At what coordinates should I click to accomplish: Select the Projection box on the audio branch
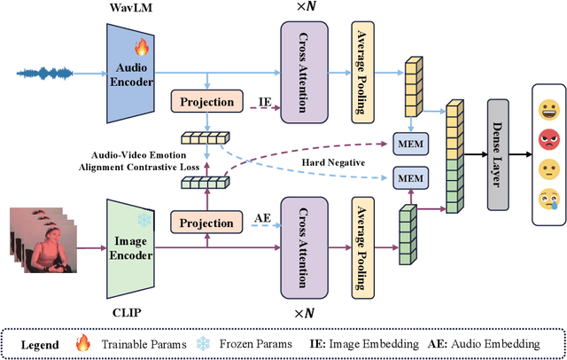[206, 101]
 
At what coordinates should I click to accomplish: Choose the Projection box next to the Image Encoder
[206, 223]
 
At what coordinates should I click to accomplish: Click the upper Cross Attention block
[304, 71]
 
